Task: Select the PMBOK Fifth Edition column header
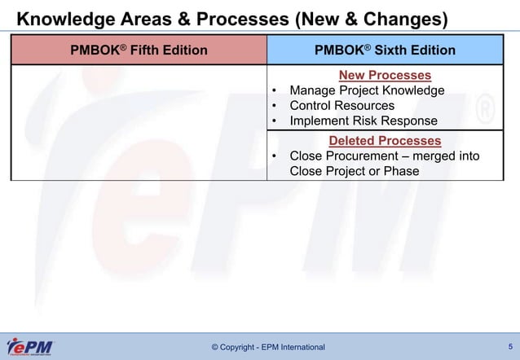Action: [139, 50]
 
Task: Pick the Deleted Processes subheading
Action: [385, 141]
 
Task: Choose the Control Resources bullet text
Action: [342, 106]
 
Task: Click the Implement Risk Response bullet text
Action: [364, 121]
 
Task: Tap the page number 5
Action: [509, 346]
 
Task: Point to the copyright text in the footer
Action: [267, 348]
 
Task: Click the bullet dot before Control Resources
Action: [275, 106]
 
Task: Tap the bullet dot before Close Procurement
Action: [275, 156]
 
